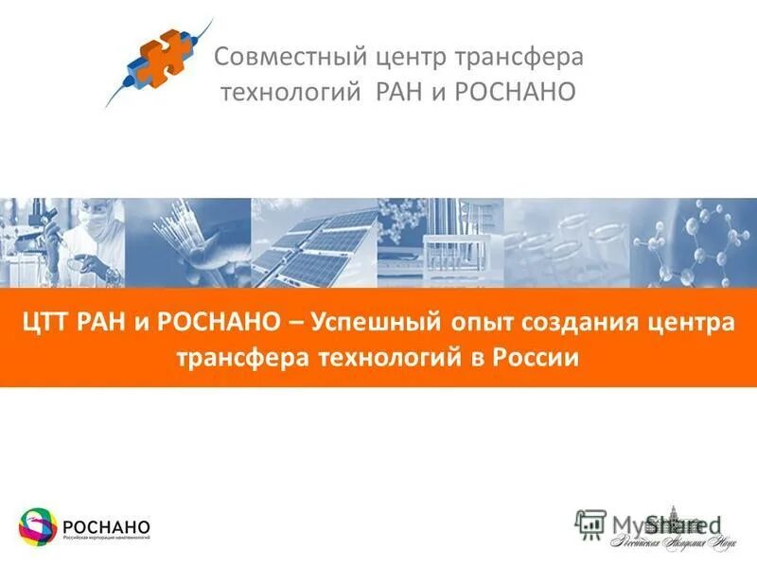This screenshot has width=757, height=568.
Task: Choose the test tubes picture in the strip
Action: pyautogui.click(x=440, y=242)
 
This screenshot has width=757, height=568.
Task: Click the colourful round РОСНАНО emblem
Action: pyautogui.click(x=39, y=527)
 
